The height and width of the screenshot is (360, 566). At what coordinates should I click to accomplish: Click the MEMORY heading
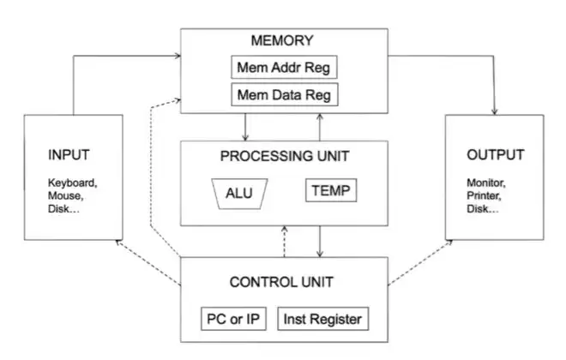(x=282, y=40)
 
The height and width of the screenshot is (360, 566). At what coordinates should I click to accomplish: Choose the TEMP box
(x=330, y=190)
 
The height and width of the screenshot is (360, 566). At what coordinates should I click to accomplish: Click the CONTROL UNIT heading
(x=282, y=281)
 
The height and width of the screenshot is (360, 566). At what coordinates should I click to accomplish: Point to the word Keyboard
(x=73, y=183)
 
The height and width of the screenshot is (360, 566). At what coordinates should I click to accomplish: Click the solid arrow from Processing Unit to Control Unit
(x=319, y=241)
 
